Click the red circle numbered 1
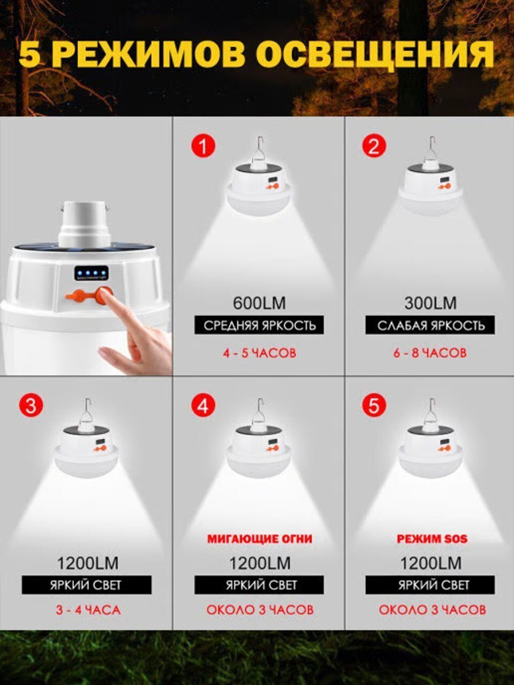point(203,146)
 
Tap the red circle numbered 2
point(374,145)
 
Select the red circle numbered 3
point(31,406)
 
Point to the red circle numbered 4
point(203,406)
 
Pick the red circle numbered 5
point(374,406)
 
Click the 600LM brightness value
point(259,303)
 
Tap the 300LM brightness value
point(430,303)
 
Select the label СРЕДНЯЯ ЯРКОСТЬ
point(259,325)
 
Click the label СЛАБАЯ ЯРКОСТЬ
point(430,325)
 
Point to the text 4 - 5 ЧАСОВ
point(259,353)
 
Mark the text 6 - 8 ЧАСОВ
point(430,353)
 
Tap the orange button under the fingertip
point(105,295)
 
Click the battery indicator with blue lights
point(92,273)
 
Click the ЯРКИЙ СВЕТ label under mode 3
point(86,585)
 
